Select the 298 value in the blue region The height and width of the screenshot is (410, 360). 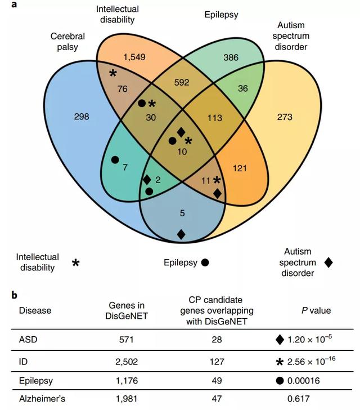[82, 117]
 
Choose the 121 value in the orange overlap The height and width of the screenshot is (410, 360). [241, 168]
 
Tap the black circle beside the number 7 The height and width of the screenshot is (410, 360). [115, 160]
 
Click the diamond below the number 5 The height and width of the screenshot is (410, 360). [181, 234]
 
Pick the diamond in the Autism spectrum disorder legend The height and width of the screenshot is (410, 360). [328, 262]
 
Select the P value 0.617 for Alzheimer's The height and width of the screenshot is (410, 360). [307, 400]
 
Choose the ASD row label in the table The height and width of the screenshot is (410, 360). [27, 339]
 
